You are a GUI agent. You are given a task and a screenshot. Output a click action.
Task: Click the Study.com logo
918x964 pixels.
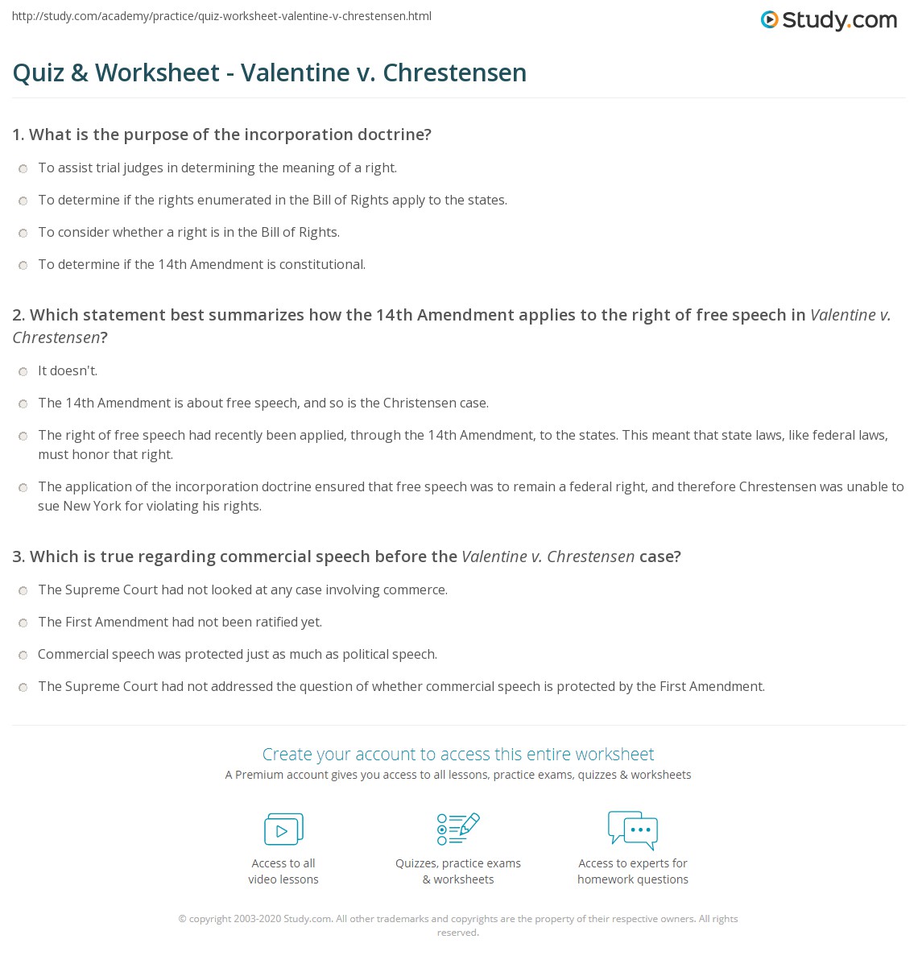click(x=829, y=20)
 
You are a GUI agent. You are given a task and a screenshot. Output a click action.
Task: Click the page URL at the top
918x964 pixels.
click(x=221, y=16)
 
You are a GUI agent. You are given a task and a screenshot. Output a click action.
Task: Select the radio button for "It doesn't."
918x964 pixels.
click(x=23, y=371)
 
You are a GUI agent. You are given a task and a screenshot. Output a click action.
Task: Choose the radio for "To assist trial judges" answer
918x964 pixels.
click(x=23, y=168)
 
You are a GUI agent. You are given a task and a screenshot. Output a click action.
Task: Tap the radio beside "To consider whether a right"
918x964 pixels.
click(x=23, y=233)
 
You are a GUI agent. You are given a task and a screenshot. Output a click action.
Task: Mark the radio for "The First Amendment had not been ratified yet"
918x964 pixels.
click(x=23, y=623)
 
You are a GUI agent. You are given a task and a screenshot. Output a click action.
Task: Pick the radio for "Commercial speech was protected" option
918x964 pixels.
click(x=23, y=655)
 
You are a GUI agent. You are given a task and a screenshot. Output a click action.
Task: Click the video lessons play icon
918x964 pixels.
click(x=283, y=829)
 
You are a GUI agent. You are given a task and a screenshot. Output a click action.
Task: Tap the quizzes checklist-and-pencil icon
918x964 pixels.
click(x=458, y=829)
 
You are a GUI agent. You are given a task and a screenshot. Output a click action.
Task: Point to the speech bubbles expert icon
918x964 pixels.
click(x=633, y=830)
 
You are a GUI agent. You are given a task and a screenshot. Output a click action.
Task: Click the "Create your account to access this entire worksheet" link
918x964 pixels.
click(x=458, y=754)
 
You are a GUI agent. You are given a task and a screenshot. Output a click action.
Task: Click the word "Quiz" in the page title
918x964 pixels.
click(x=38, y=72)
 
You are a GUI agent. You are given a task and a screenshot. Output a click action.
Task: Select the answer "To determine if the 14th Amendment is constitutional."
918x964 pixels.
click(x=201, y=264)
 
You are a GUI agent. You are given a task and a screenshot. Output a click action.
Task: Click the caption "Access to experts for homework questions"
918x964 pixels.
click(x=633, y=871)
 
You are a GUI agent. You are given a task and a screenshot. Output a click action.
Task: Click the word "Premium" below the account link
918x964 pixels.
click(x=258, y=775)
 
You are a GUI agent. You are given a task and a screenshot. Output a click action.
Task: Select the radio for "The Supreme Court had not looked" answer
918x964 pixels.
click(x=23, y=590)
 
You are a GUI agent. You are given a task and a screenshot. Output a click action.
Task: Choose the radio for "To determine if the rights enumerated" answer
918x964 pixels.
click(x=23, y=201)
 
